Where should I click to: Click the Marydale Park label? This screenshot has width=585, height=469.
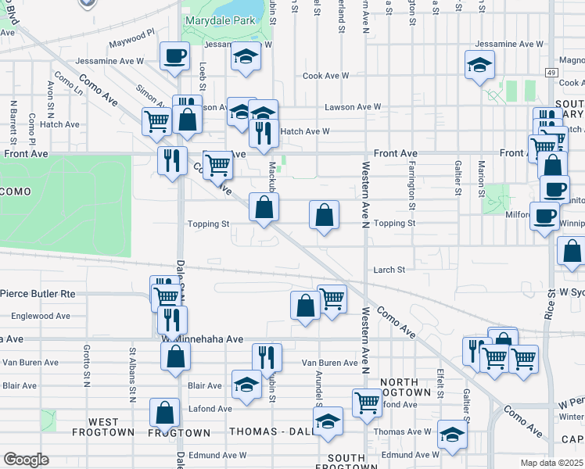[217, 20]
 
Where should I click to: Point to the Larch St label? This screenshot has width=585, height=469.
[389, 270]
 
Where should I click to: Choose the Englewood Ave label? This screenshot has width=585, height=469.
[41, 316]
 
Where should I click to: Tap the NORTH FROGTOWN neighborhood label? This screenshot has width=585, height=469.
[405, 386]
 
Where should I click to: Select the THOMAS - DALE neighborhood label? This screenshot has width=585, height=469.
[266, 431]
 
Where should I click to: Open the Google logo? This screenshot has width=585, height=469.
[25, 459]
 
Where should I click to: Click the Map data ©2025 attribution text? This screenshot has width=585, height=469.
[551, 463]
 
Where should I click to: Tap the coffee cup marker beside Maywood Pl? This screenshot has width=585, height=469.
[174, 55]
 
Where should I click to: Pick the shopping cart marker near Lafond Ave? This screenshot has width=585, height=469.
[365, 403]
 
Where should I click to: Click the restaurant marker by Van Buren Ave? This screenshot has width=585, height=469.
[267, 357]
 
